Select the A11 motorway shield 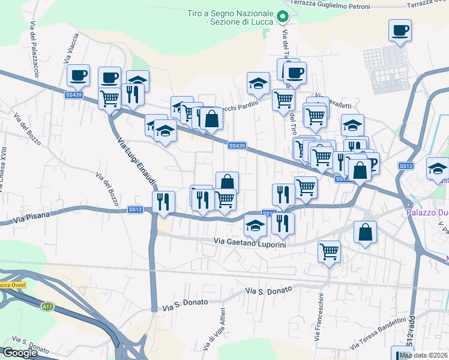tap(47, 307)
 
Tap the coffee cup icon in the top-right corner tap(400, 30)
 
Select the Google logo tap(19, 353)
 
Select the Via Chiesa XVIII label tap(4, 169)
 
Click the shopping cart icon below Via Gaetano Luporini tap(329, 252)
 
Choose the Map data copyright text tap(424, 355)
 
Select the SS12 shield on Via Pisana tap(134, 209)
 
